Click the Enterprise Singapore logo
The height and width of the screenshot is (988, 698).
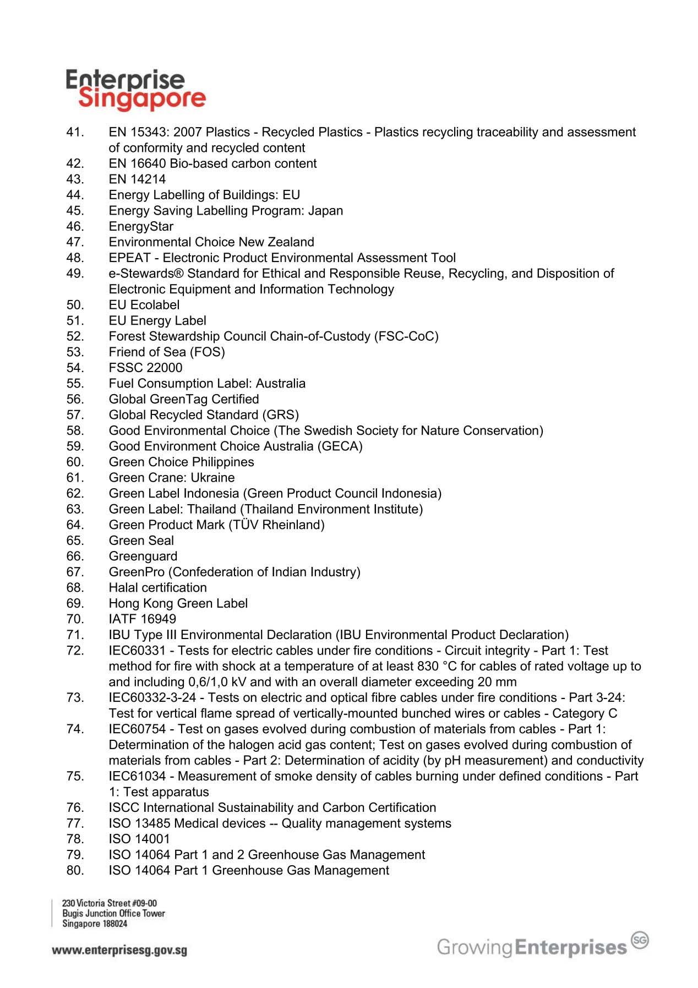(x=135, y=90)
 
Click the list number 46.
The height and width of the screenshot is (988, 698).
(x=75, y=226)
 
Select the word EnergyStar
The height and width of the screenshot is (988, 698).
(x=141, y=226)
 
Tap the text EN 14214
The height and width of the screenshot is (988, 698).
(x=137, y=179)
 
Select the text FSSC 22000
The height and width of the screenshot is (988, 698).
(x=145, y=368)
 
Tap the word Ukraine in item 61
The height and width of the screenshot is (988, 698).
(x=212, y=478)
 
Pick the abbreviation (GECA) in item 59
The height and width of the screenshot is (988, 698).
(x=340, y=446)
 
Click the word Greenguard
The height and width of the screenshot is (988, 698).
(x=143, y=556)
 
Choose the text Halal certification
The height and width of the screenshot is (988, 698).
(x=158, y=588)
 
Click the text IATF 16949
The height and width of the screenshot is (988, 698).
(x=143, y=619)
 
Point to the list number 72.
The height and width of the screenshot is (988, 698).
(x=75, y=651)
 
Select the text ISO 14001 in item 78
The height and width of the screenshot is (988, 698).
(x=139, y=839)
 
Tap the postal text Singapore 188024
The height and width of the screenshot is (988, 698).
(x=95, y=924)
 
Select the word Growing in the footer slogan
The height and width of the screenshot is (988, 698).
(x=475, y=947)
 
